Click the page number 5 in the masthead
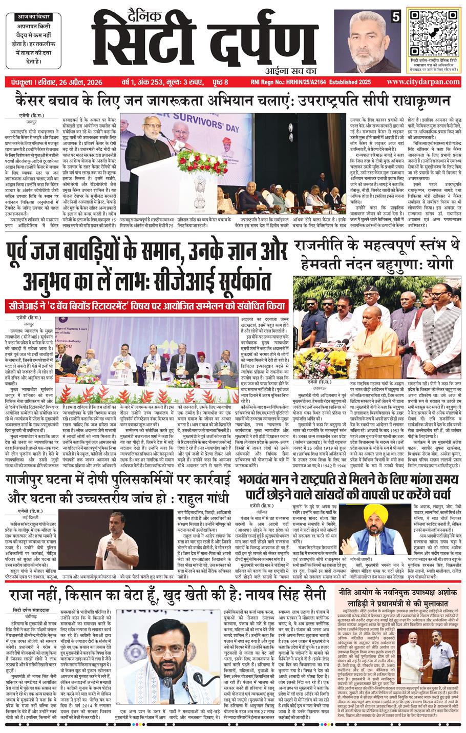pos(395,17)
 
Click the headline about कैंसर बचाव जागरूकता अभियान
pos(232,100)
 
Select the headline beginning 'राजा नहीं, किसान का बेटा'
pos(167,595)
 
